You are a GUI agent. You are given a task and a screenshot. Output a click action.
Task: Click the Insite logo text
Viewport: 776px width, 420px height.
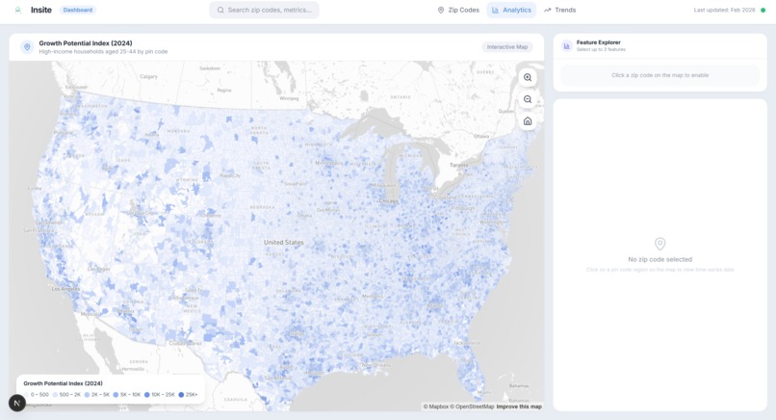[x=41, y=10]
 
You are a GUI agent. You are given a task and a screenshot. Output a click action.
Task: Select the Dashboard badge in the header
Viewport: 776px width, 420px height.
[x=78, y=10]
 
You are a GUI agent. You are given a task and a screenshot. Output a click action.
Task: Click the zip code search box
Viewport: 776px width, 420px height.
[x=264, y=10]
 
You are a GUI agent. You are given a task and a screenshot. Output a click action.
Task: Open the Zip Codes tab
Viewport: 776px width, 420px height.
[x=458, y=10]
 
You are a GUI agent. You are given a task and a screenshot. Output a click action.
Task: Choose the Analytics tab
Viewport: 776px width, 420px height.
[x=511, y=10]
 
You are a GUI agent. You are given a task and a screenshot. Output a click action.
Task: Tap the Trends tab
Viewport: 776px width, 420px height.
[x=559, y=10]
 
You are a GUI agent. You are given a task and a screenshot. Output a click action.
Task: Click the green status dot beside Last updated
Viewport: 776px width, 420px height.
[x=763, y=10]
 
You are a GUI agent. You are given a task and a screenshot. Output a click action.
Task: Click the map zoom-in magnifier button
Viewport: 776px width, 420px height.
[x=528, y=77]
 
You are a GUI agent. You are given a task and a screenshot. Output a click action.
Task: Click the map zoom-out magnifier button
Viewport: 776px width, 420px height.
[x=528, y=99]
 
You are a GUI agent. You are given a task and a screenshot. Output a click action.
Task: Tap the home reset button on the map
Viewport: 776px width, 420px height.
[x=528, y=121]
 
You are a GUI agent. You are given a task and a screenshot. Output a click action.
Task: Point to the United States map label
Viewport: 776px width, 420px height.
[x=283, y=243]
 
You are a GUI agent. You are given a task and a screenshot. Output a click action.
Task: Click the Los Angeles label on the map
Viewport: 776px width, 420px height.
[x=66, y=289]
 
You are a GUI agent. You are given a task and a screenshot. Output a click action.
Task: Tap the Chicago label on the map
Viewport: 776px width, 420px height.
[x=388, y=201]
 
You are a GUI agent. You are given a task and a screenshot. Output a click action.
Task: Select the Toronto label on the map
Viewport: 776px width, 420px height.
[x=458, y=165]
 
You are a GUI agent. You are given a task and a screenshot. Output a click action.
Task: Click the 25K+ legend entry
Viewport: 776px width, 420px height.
[x=189, y=395]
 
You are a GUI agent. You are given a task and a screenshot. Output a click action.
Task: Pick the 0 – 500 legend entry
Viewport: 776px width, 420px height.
[x=38, y=395]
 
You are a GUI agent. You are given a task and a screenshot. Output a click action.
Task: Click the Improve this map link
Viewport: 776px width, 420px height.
[x=519, y=407]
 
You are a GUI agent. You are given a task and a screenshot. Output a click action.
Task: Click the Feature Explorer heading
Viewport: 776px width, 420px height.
[x=598, y=42]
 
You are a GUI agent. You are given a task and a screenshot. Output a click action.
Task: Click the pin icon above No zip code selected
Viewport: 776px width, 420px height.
[x=660, y=244]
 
